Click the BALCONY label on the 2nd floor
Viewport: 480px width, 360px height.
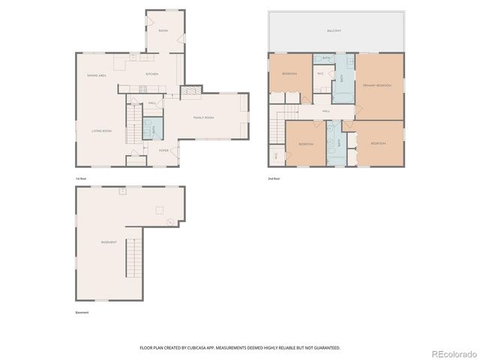click(x=334, y=31)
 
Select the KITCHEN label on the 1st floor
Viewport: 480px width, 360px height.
click(x=152, y=74)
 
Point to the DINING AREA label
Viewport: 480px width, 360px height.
click(x=97, y=75)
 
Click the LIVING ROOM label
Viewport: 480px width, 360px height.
click(x=102, y=131)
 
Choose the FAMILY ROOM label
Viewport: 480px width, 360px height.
click(x=204, y=118)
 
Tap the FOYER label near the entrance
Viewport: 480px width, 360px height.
click(x=163, y=150)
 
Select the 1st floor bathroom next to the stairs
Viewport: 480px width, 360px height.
click(x=148, y=128)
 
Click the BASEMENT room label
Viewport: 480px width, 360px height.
click(x=109, y=242)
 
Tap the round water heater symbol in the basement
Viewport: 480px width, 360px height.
click(x=171, y=221)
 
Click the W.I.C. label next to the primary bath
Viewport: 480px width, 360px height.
click(x=320, y=73)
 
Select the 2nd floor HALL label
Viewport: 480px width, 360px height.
click(x=326, y=111)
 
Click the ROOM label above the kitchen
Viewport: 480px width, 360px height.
click(x=163, y=31)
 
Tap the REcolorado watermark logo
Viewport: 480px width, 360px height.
click(x=451, y=352)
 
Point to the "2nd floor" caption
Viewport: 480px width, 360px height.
click(x=274, y=178)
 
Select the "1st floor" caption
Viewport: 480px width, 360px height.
click(x=81, y=178)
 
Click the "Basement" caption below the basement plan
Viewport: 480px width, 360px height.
click(x=82, y=312)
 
